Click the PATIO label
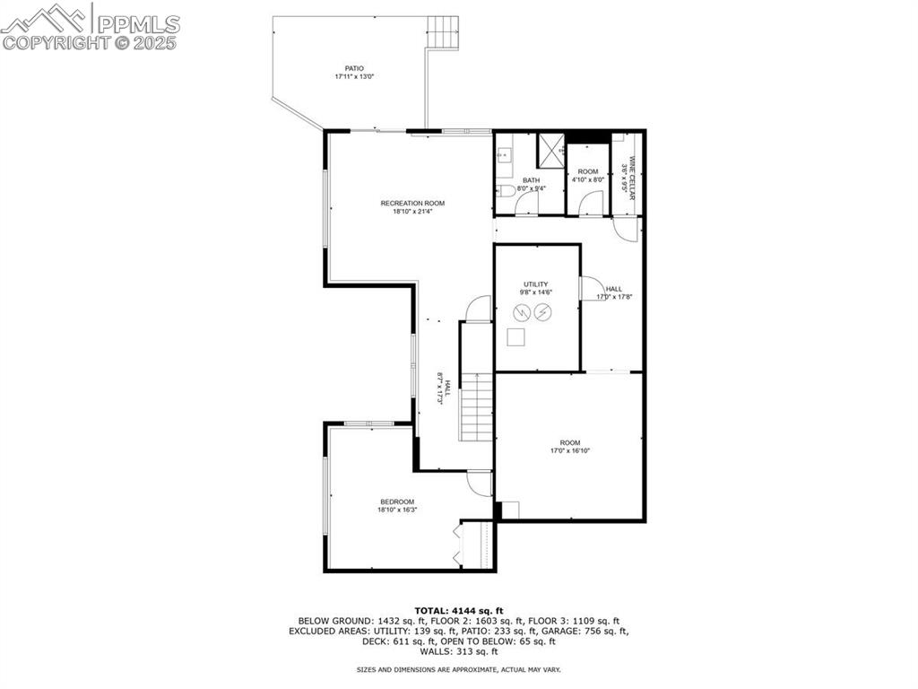tap(353, 68)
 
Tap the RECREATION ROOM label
tap(412, 204)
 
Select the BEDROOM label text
tap(397, 502)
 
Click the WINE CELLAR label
tap(632, 178)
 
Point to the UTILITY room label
tap(536, 284)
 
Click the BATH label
tap(532, 180)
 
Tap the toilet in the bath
tap(505, 190)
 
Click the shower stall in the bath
tap(551, 151)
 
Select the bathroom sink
tap(504, 155)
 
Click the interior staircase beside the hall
tap(477, 406)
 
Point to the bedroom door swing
tap(479, 484)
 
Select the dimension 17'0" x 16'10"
tap(569, 451)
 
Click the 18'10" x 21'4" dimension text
tap(412, 212)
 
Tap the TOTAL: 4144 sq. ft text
tap(459, 611)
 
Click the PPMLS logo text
tap(138, 24)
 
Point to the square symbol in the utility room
tap(515, 338)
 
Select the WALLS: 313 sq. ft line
tap(459, 651)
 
